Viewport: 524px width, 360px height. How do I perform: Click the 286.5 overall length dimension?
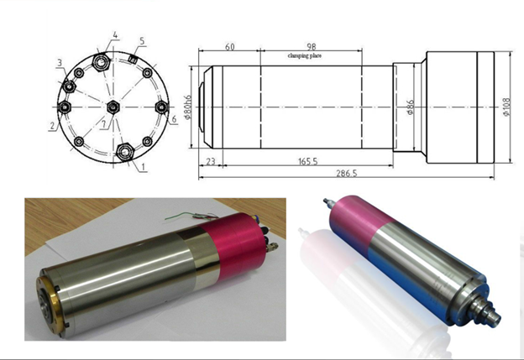pos(346,174)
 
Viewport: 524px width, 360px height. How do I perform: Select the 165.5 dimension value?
pos(308,162)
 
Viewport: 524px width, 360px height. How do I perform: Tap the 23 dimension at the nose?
pos(211,162)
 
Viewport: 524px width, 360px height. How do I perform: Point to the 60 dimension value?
pos(229,47)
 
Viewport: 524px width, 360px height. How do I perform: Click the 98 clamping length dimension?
pos(311,47)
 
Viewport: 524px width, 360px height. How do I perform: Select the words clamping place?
pos(305,55)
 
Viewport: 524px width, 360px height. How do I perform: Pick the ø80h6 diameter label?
pos(187,107)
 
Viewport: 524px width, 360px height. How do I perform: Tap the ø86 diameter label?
pos(411,107)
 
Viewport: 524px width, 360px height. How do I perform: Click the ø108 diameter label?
pos(506,107)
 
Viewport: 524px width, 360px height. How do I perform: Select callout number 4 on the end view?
pos(115,35)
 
